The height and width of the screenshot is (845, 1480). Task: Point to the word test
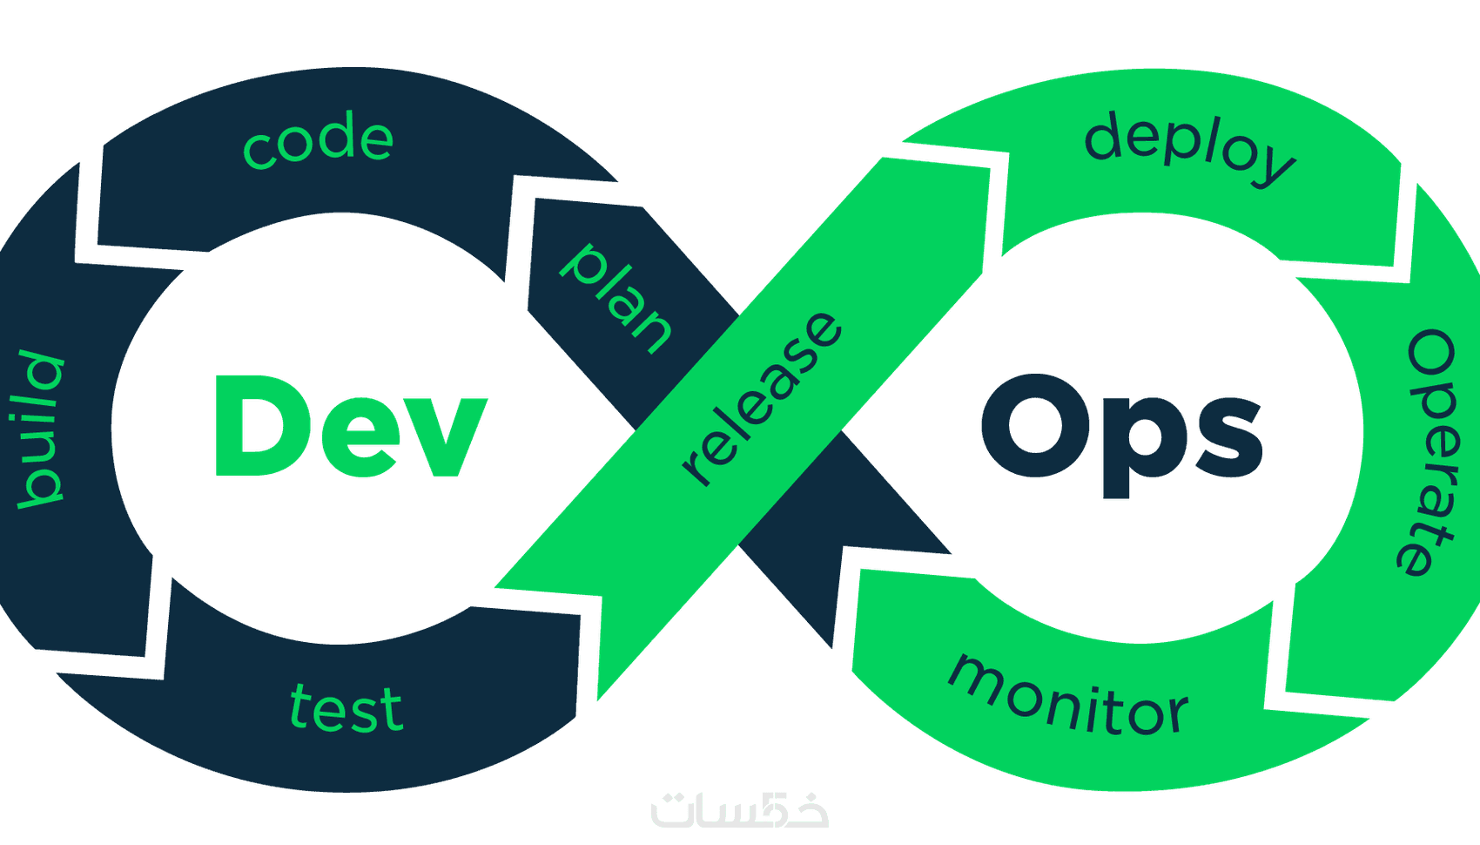[346, 708]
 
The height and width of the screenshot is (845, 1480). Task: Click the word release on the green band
[762, 397]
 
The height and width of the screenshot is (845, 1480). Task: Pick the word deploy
[1189, 148]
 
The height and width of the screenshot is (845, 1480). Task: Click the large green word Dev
[349, 427]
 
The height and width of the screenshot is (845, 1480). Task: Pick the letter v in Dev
[443, 436]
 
